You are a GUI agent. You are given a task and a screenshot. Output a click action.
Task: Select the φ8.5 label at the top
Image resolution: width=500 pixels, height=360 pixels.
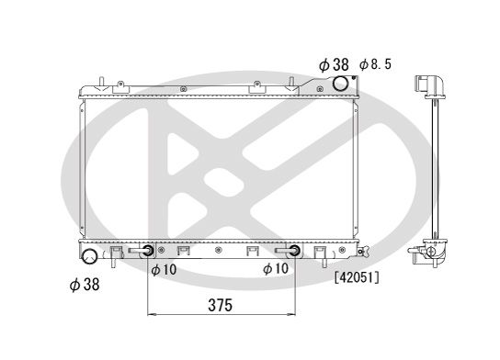[376, 65]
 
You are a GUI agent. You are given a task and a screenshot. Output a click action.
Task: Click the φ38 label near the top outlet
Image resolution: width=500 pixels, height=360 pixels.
[334, 64]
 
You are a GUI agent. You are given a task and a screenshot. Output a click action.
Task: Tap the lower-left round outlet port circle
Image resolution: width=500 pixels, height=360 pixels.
[90, 255]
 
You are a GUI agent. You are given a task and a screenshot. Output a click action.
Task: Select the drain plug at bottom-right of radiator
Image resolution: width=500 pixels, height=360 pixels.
[363, 252]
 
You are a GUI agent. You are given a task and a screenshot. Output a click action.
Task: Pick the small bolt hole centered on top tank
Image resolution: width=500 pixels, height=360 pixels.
[184, 89]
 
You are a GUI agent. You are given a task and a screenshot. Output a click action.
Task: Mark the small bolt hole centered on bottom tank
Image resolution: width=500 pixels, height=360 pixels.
[218, 249]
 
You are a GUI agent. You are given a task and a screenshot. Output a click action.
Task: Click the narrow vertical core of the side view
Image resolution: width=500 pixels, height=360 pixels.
[430, 165]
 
